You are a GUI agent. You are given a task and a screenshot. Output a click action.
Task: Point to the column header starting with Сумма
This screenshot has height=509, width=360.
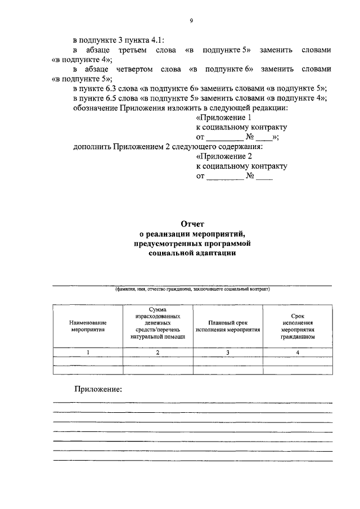click(x=157, y=326)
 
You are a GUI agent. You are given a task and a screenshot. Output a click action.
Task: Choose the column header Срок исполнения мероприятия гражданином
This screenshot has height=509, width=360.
click(x=298, y=326)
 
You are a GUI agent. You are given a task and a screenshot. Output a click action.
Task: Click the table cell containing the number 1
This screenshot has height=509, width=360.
click(x=88, y=352)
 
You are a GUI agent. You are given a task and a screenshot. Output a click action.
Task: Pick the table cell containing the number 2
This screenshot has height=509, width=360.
click(x=157, y=352)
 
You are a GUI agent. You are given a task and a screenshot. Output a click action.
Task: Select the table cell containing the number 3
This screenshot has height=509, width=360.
click(x=228, y=352)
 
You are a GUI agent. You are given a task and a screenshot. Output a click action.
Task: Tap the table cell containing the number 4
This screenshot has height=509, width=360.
click(x=298, y=352)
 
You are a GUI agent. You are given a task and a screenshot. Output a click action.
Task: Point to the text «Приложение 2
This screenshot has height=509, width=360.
click(x=224, y=157)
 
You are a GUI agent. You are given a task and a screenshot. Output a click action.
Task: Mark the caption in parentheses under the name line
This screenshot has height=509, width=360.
click(x=191, y=290)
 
